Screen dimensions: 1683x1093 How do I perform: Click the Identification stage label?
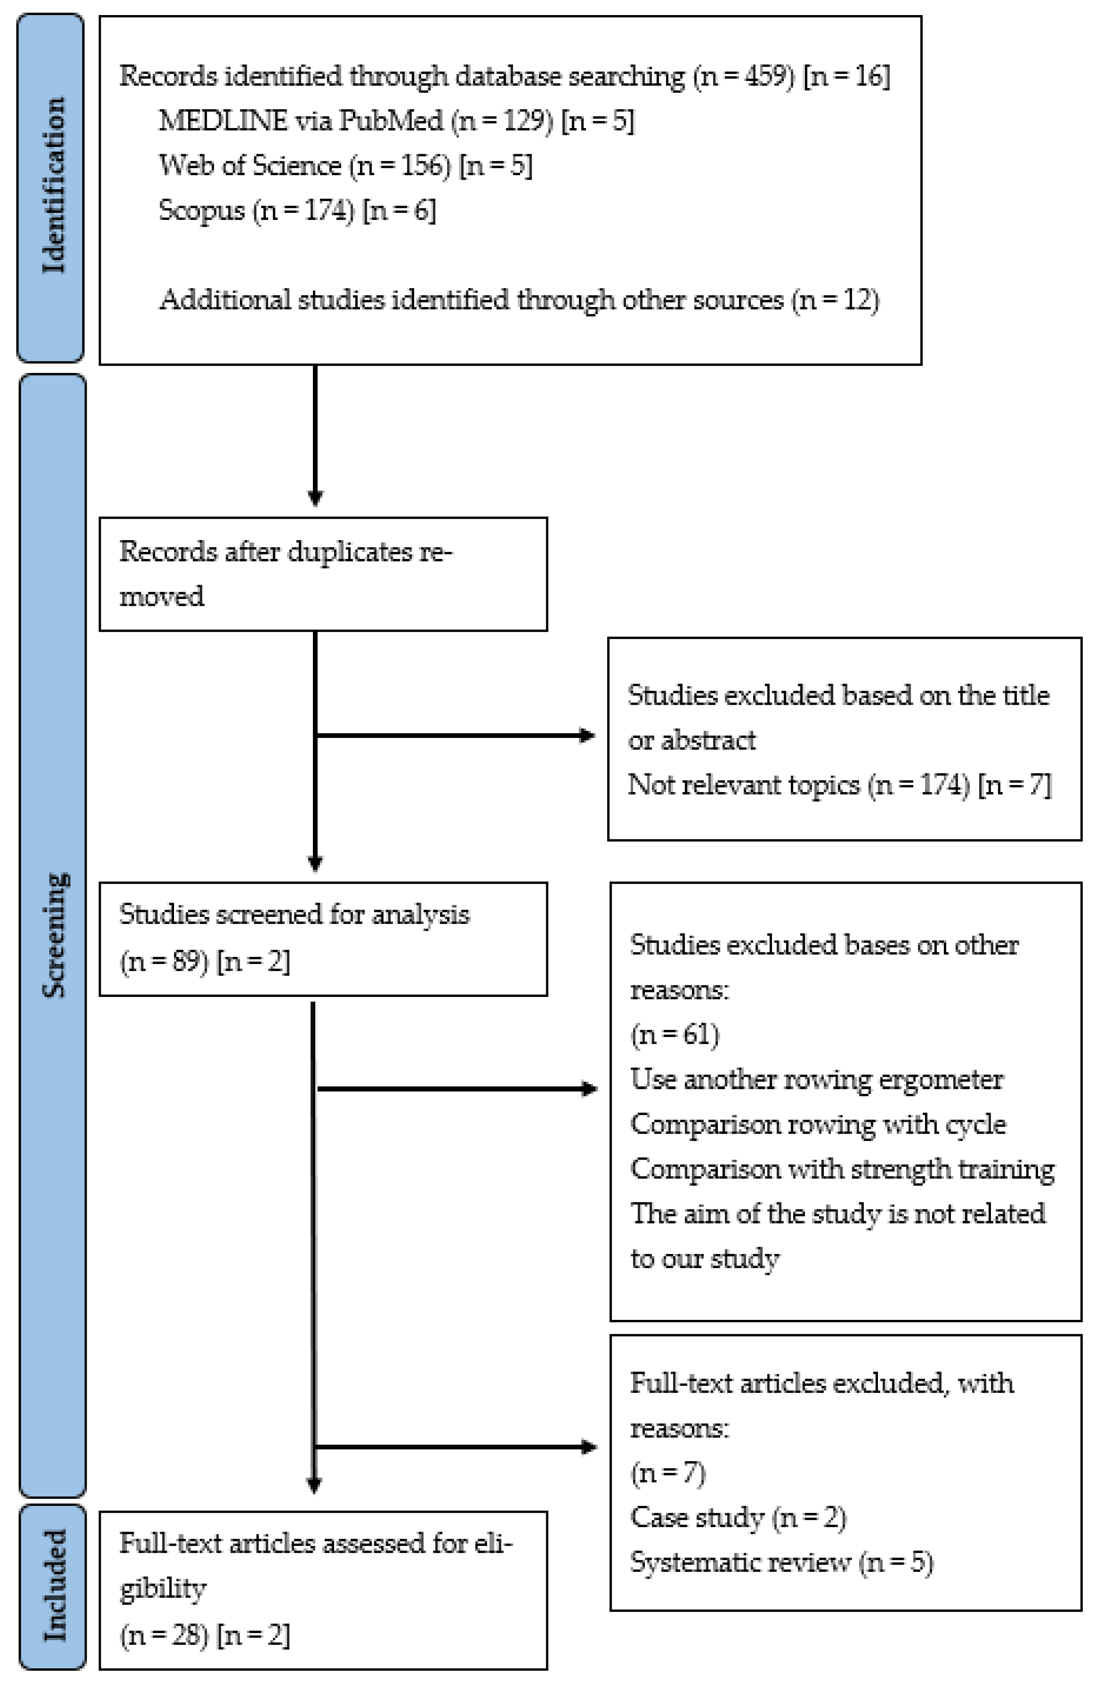tap(53, 185)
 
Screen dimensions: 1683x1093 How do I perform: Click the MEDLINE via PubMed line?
tap(396, 121)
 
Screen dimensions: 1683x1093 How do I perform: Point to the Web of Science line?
tap(345, 165)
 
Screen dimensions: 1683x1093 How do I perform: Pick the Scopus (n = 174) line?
tap(297, 210)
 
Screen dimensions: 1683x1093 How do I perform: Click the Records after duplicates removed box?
tap(322, 573)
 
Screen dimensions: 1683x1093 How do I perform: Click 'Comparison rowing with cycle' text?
tap(817, 1124)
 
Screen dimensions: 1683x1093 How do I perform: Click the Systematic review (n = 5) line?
tap(781, 1562)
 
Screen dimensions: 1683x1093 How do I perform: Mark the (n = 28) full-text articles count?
tap(164, 1635)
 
